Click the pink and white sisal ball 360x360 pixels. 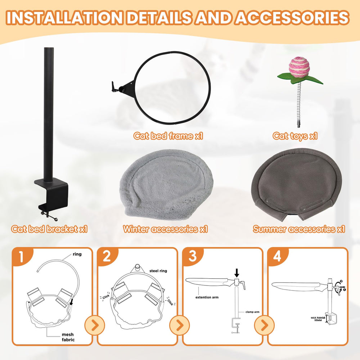(x=298, y=68)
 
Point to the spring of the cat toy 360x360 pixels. (x=299, y=103)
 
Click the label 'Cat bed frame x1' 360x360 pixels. (x=168, y=136)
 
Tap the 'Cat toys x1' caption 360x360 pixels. (x=295, y=136)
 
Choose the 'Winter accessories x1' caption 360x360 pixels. (x=165, y=229)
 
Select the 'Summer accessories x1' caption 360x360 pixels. (x=299, y=229)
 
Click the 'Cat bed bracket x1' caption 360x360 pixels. (x=49, y=229)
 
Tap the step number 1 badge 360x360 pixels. (x=22, y=256)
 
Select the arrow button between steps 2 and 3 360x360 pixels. (x=180, y=325)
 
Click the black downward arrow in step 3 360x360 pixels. (x=237, y=273)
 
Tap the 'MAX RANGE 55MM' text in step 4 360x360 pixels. (x=318, y=319)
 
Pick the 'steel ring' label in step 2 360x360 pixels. (x=158, y=271)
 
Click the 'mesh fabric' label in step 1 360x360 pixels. (x=68, y=337)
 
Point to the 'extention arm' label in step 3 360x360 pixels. (x=207, y=297)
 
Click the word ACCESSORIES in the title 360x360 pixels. (x=292, y=18)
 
